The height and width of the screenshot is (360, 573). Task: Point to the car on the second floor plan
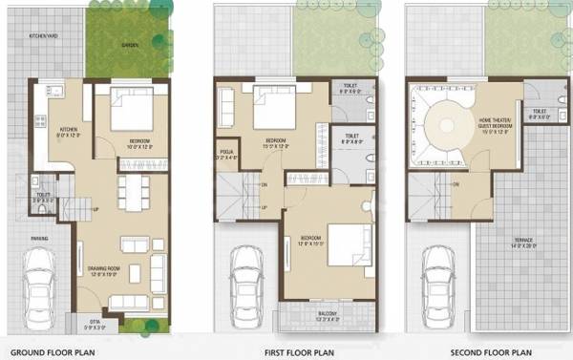[x=438, y=278]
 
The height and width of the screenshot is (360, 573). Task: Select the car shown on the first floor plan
[x=247, y=277]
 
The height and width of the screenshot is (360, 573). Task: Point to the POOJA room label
[x=227, y=154]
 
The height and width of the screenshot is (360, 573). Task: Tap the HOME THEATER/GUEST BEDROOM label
[x=498, y=122]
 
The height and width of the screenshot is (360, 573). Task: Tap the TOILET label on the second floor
[x=540, y=112]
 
